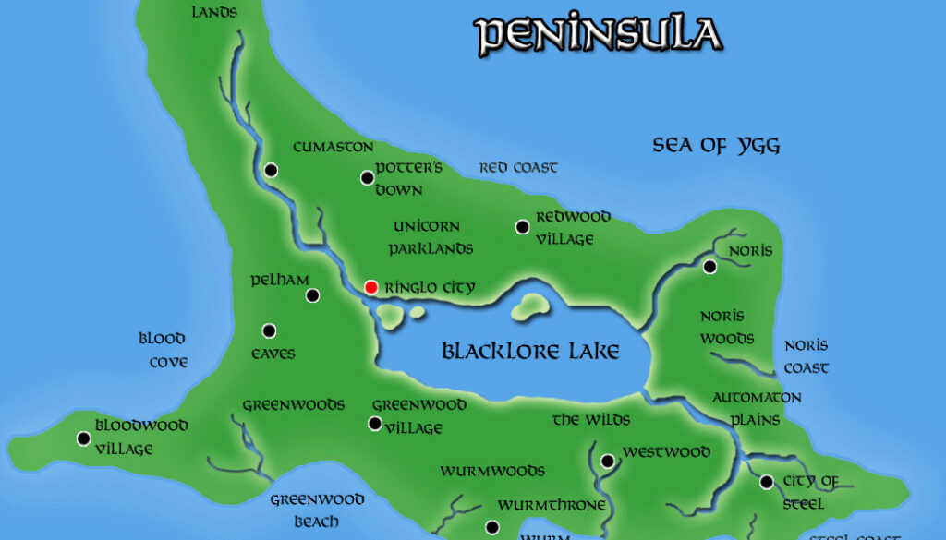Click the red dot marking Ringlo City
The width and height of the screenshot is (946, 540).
[370, 287]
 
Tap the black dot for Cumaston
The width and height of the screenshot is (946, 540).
[271, 170]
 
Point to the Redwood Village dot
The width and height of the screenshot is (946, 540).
[522, 227]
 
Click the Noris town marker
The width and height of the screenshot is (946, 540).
[709, 267]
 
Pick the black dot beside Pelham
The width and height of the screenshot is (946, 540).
[312, 295]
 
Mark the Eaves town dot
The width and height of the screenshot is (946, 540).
[269, 330]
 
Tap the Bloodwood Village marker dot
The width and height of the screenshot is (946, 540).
[84, 438]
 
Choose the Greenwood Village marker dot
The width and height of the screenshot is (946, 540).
[374, 424]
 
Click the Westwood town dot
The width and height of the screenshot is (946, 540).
[607, 461]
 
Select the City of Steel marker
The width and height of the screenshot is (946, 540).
[766, 482]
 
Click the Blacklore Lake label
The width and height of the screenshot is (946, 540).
[530, 352]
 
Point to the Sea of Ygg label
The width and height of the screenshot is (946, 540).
[716, 145]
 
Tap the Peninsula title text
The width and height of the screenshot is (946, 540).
[598, 34]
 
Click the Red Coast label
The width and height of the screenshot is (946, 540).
[517, 168]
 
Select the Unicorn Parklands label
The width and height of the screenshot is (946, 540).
[431, 237]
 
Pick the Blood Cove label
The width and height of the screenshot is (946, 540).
[164, 350]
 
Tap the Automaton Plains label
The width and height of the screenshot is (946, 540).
[757, 408]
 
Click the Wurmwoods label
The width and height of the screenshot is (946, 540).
[491, 471]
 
